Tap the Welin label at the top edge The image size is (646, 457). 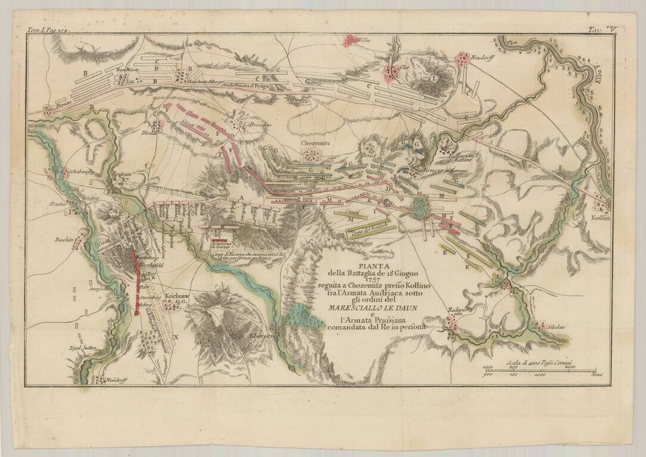[363, 40]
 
